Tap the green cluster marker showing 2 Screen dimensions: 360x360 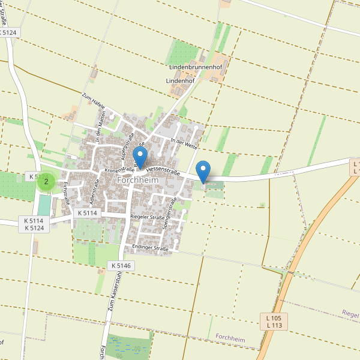pyautogui.click(x=46, y=181)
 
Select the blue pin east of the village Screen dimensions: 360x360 pyautogui.click(x=204, y=172)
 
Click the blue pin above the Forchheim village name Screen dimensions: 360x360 pyautogui.click(x=140, y=156)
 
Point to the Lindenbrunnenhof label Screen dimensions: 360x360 pyautogui.click(x=196, y=67)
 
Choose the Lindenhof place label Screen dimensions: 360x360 pyautogui.click(x=181, y=80)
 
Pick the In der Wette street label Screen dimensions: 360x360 pyautogui.click(x=184, y=143)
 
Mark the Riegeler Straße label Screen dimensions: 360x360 pyautogui.click(x=147, y=217)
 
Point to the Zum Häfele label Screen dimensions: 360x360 pyautogui.click(x=94, y=101)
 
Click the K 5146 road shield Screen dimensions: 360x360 pyautogui.click(x=120, y=265)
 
